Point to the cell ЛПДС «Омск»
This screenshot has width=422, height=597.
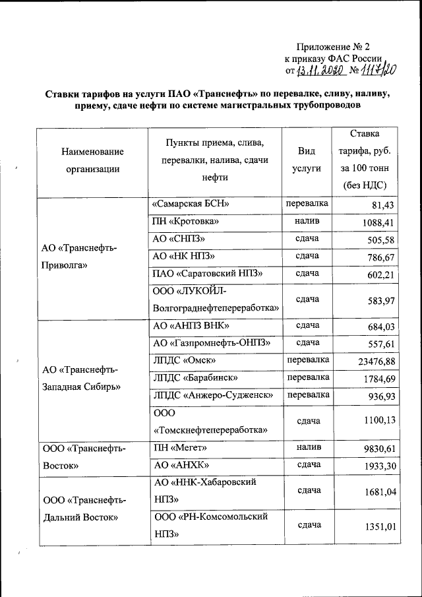point(183,360)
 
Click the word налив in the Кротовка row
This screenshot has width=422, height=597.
point(307,222)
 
